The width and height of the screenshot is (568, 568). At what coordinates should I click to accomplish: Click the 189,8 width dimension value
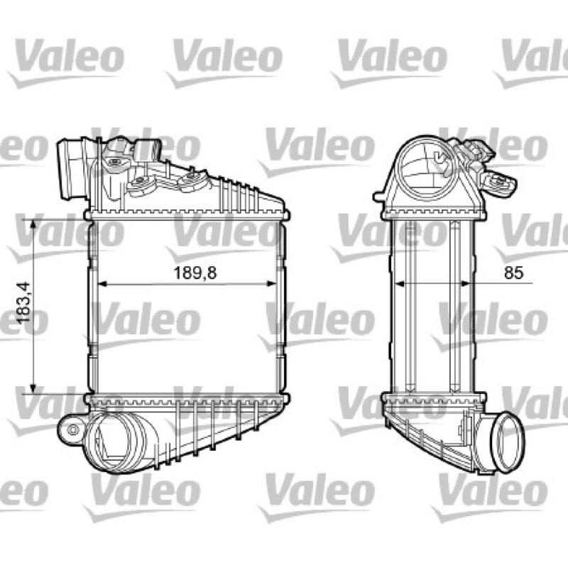[x=195, y=273]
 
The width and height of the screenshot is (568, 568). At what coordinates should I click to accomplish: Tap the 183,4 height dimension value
[x=24, y=303]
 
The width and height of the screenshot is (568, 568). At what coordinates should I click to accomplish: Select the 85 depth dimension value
[x=513, y=273]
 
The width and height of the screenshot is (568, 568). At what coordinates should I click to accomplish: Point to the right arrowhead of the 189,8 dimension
[x=272, y=283]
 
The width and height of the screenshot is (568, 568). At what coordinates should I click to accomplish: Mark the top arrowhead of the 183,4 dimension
[x=33, y=224]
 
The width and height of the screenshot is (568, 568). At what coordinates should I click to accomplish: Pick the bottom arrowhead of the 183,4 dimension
[x=33, y=388]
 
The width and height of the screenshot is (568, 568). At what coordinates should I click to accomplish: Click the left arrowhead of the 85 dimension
[x=399, y=283]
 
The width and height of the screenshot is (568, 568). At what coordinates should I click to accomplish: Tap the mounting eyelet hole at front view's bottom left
[x=74, y=430]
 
